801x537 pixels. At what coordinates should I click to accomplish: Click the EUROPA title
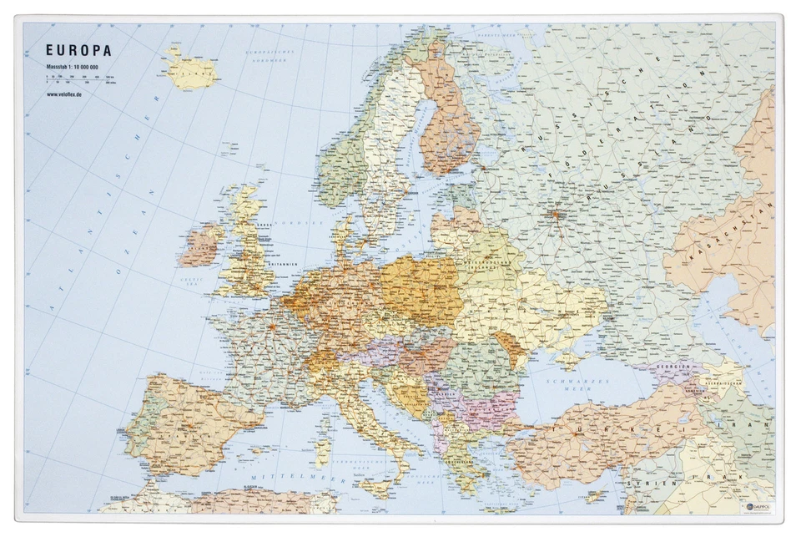(78, 51)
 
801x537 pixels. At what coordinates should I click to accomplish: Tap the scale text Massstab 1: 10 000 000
(73, 66)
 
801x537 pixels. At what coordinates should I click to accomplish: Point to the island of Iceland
(192, 72)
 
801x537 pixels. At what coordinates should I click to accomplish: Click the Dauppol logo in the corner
(755, 506)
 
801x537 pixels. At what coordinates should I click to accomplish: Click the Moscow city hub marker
(554, 215)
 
